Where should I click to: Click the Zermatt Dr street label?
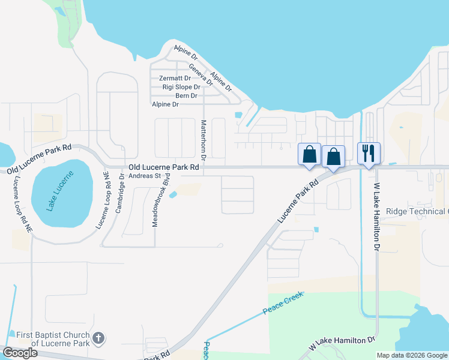(x=175, y=79)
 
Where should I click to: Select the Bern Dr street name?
(x=186, y=96)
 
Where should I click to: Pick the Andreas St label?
(x=146, y=176)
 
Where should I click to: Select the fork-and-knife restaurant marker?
(x=369, y=153)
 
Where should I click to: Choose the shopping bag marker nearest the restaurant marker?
(x=334, y=156)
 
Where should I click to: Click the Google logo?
(x=20, y=353)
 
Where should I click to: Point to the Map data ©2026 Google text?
(x=411, y=355)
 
